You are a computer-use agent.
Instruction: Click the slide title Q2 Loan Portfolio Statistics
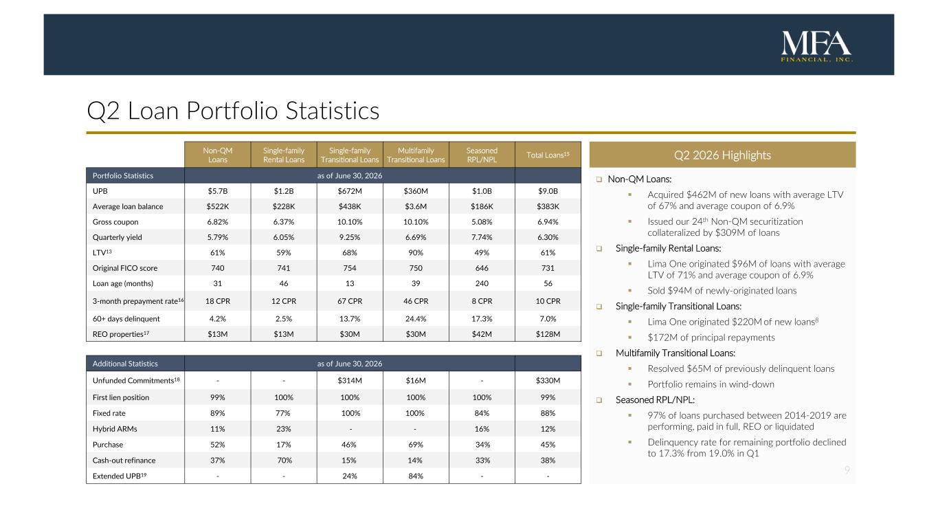click(233, 111)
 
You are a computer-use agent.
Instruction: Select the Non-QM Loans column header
click(218, 155)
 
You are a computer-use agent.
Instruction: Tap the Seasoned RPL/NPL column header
click(482, 155)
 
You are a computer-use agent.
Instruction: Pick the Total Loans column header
click(548, 155)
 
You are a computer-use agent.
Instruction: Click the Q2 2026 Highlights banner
click(722, 155)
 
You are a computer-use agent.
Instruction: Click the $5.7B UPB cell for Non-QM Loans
click(218, 191)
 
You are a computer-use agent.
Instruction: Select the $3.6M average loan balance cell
click(416, 206)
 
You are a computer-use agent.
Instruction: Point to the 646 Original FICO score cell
click(482, 268)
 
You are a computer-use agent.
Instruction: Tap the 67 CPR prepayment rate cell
click(350, 301)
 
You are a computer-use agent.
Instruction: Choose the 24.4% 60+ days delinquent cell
click(416, 319)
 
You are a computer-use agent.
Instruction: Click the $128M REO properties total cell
click(548, 334)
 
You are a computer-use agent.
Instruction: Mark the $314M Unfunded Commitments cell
click(350, 380)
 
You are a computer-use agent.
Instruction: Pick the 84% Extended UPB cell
click(416, 476)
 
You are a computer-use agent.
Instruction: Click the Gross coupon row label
click(115, 222)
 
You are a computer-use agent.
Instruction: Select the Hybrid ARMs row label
click(115, 429)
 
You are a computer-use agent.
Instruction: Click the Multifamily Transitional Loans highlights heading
click(675, 353)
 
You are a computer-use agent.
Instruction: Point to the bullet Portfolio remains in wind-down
click(711, 384)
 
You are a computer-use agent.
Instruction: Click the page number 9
click(847, 470)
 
